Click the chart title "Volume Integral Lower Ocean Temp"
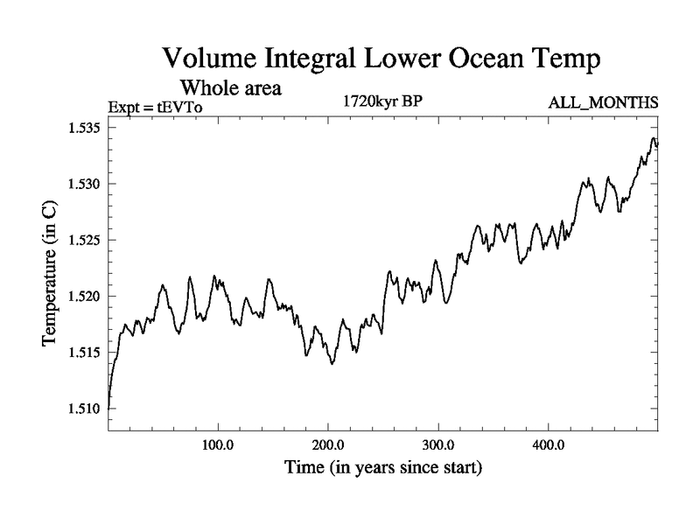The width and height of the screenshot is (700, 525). point(381,60)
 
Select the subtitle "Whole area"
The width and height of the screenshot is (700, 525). point(230,87)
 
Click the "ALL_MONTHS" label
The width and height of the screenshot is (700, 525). point(603,103)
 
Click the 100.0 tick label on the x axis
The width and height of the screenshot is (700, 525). point(217,444)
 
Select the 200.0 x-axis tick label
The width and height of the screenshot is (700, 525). point(327,444)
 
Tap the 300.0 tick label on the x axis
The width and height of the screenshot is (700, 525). point(437,444)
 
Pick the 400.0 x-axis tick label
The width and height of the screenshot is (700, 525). point(548,444)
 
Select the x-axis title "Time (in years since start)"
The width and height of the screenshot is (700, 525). point(382,468)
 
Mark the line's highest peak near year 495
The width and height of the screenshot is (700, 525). point(653,138)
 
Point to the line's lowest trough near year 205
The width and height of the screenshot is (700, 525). point(332,363)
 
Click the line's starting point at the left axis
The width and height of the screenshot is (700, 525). point(108,408)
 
